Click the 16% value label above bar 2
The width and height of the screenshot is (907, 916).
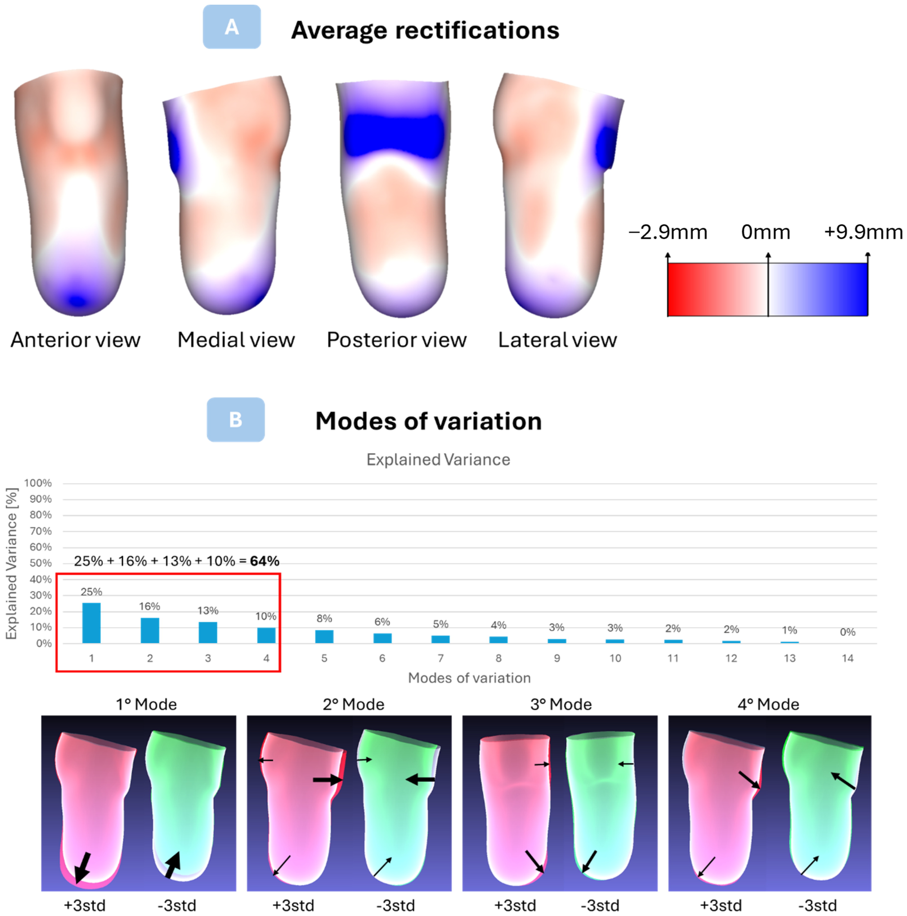[149, 606]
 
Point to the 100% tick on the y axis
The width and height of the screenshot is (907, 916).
[38, 483]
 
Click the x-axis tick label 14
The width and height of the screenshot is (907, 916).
[847, 658]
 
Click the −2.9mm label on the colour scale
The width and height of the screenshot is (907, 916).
[668, 232]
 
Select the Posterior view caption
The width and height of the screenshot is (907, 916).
[397, 340]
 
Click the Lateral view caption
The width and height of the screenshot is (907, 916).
[557, 340]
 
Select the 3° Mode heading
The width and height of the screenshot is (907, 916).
[561, 704]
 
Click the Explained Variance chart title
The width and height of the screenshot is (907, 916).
[438, 459]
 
